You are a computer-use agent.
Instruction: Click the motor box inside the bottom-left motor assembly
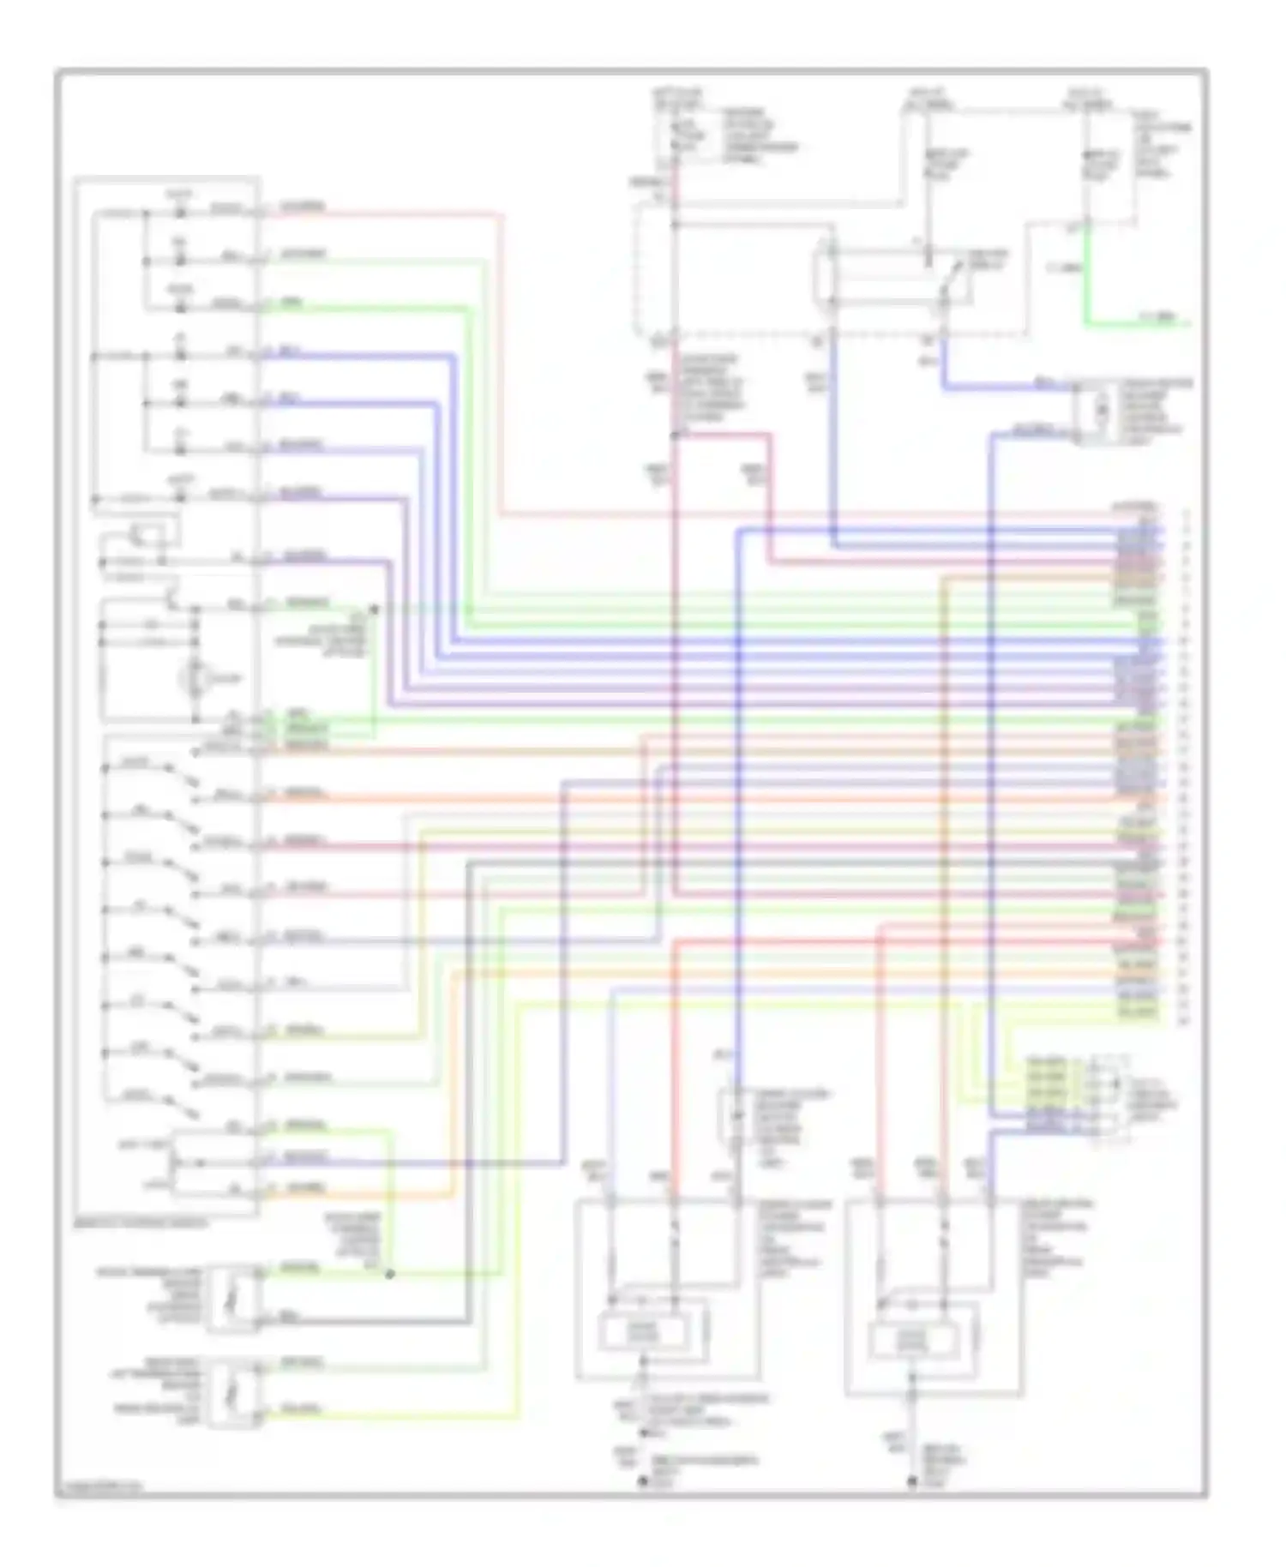point(643,1331)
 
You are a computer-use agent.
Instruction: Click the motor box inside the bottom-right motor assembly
point(912,1337)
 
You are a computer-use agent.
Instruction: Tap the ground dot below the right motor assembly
point(912,1481)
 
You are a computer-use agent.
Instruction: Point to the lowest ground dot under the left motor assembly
point(642,1481)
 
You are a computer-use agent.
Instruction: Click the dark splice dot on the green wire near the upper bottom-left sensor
point(389,1274)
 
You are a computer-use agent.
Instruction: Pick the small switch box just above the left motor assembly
point(735,1116)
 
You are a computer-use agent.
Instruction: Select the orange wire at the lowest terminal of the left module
point(360,1194)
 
